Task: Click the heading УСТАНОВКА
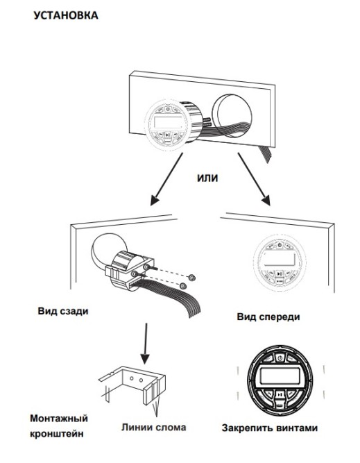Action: click(x=66, y=15)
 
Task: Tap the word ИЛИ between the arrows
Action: click(x=207, y=178)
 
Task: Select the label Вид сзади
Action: click(x=63, y=311)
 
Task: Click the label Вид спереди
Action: click(x=268, y=317)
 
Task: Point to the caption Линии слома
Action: click(x=154, y=428)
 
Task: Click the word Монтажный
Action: click(x=59, y=419)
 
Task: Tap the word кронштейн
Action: click(x=57, y=434)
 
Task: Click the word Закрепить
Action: click(x=248, y=428)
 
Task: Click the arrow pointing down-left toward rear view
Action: click(x=166, y=179)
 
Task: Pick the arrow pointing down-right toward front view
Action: click(x=254, y=179)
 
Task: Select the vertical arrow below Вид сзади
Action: click(x=145, y=344)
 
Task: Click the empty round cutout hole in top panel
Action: click(x=232, y=116)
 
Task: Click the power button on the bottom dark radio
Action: click(x=280, y=358)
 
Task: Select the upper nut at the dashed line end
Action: click(x=192, y=277)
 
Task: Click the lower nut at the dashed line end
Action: click(x=183, y=285)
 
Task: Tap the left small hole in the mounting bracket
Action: click(x=132, y=378)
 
